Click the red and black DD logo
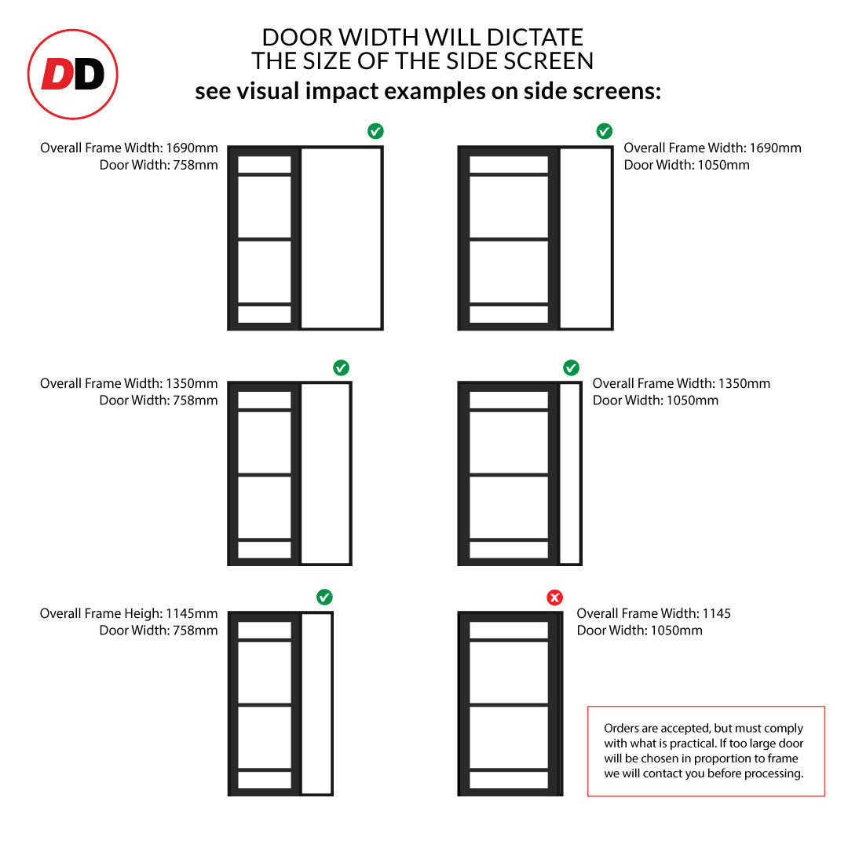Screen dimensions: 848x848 tap(72, 74)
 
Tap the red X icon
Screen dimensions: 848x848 tap(554, 598)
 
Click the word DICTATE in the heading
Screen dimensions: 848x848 tap(535, 38)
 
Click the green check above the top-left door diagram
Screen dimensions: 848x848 tap(375, 131)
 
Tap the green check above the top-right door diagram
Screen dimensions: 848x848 tap(604, 131)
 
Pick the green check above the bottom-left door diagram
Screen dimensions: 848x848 tap(324, 597)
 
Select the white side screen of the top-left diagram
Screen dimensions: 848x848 tap(341, 238)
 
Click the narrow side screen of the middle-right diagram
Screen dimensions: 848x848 tap(569, 473)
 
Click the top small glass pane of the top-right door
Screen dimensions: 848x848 tap(509, 164)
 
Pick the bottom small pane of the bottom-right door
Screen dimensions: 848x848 tap(509, 780)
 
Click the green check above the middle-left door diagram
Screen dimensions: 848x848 tap(341, 367)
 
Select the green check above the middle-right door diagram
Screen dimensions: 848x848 tap(571, 367)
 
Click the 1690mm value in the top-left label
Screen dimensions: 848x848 tap(192, 148)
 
